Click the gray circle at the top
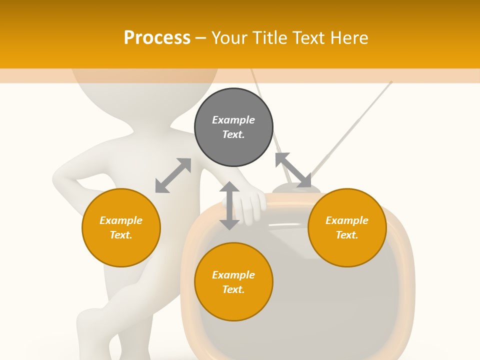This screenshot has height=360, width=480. pyautogui.click(x=233, y=127)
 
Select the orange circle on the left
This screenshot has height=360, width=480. pyautogui.click(x=121, y=227)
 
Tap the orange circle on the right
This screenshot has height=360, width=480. pyautogui.click(x=347, y=227)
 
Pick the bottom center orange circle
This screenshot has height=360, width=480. pyautogui.click(x=233, y=282)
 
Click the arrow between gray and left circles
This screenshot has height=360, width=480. pyautogui.click(x=173, y=175)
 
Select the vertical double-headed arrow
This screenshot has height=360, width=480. pyautogui.click(x=229, y=205)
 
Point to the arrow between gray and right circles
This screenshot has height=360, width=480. pyautogui.click(x=293, y=170)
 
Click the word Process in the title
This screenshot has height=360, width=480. pyautogui.click(x=157, y=37)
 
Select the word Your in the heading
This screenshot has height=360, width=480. pyautogui.click(x=229, y=37)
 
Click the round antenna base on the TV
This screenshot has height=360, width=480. pyautogui.click(x=296, y=188)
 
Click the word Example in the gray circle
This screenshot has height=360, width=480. pyautogui.click(x=233, y=120)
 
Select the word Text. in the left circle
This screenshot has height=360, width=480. pyautogui.click(x=121, y=235)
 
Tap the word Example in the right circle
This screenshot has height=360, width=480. pyautogui.click(x=347, y=220)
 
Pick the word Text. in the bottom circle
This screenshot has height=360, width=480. pyautogui.click(x=233, y=289)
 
